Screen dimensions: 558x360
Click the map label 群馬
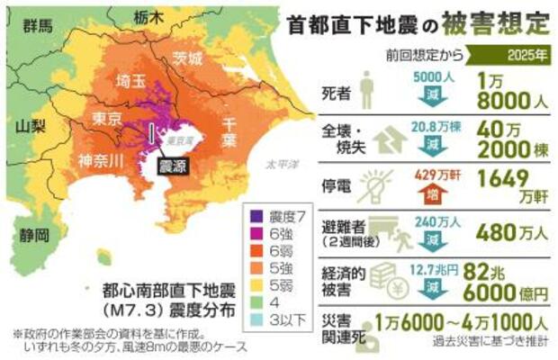click(x=40, y=24)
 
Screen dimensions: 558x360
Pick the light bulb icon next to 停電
click(x=375, y=185)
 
